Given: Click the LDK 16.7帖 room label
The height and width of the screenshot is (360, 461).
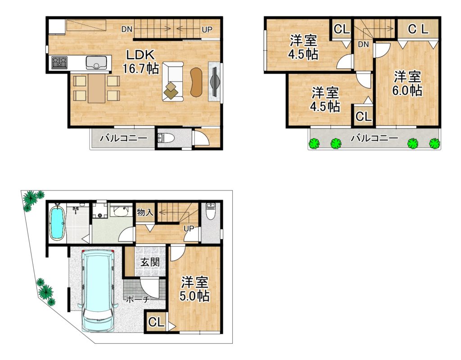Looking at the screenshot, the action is point(140,61).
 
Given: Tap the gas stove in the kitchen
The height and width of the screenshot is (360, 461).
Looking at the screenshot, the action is point(59,62).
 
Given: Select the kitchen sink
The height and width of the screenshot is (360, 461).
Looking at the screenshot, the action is point(97,63).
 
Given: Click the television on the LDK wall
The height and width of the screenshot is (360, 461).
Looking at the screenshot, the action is point(214,81).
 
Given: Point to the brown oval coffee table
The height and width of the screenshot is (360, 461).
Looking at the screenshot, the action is point(196,82).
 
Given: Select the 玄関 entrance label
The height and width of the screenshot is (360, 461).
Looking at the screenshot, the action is point(149,262).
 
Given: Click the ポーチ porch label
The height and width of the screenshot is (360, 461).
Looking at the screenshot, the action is point(138,300).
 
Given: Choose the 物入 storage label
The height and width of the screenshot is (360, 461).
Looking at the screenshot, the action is point(145,212).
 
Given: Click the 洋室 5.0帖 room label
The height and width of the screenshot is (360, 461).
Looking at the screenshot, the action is point(194,289).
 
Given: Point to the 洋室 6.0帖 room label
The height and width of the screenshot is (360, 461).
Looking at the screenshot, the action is point(407,83).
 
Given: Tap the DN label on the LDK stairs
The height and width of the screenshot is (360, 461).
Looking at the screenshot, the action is point(127,29).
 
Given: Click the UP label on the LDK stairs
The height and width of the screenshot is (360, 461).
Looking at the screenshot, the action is point(207,29).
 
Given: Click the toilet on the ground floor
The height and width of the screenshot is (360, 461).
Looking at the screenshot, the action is point(211,211).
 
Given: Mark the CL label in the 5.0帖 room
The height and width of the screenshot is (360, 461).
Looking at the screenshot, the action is point(156,322).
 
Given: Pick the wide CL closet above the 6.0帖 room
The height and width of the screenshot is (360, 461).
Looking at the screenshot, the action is point(418,28).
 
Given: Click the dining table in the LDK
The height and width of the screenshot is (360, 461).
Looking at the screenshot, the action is point(96,88).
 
